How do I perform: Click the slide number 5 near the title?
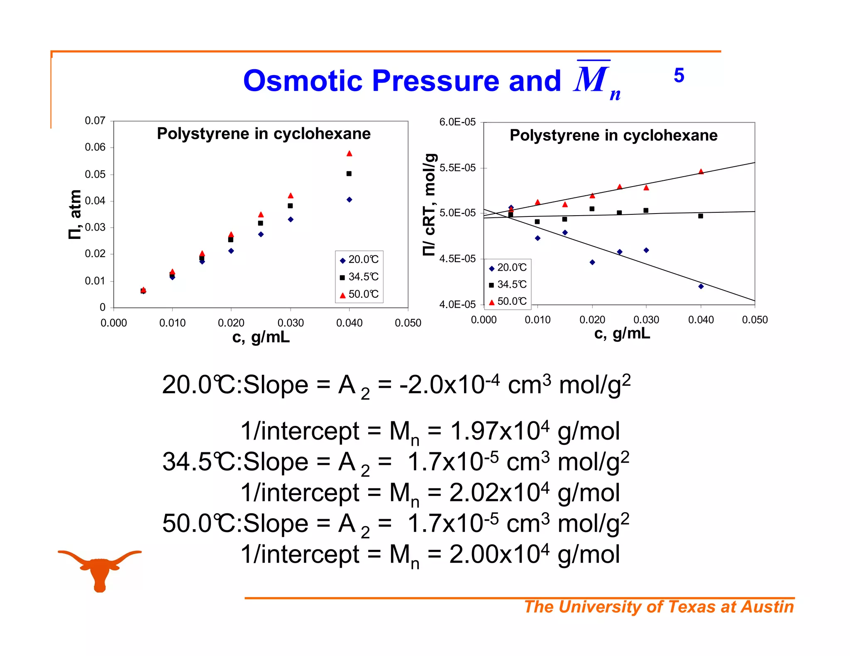pos(679,75)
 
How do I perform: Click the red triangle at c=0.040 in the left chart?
pos(349,154)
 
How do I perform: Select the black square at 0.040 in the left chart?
pos(349,174)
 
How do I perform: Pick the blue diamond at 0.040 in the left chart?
pos(349,200)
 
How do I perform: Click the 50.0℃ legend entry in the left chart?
pos(359,294)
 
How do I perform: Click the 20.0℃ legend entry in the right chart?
pos(508,267)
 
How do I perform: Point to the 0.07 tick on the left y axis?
pos(95,121)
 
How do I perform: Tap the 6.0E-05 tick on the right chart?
pos(457,122)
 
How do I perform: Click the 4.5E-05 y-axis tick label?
pos(457,259)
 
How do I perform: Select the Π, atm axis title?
pos(75,214)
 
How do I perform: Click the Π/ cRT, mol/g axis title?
pos(430,205)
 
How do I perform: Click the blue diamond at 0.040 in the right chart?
pos(701,287)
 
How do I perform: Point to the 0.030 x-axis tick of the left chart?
pos(291,323)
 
